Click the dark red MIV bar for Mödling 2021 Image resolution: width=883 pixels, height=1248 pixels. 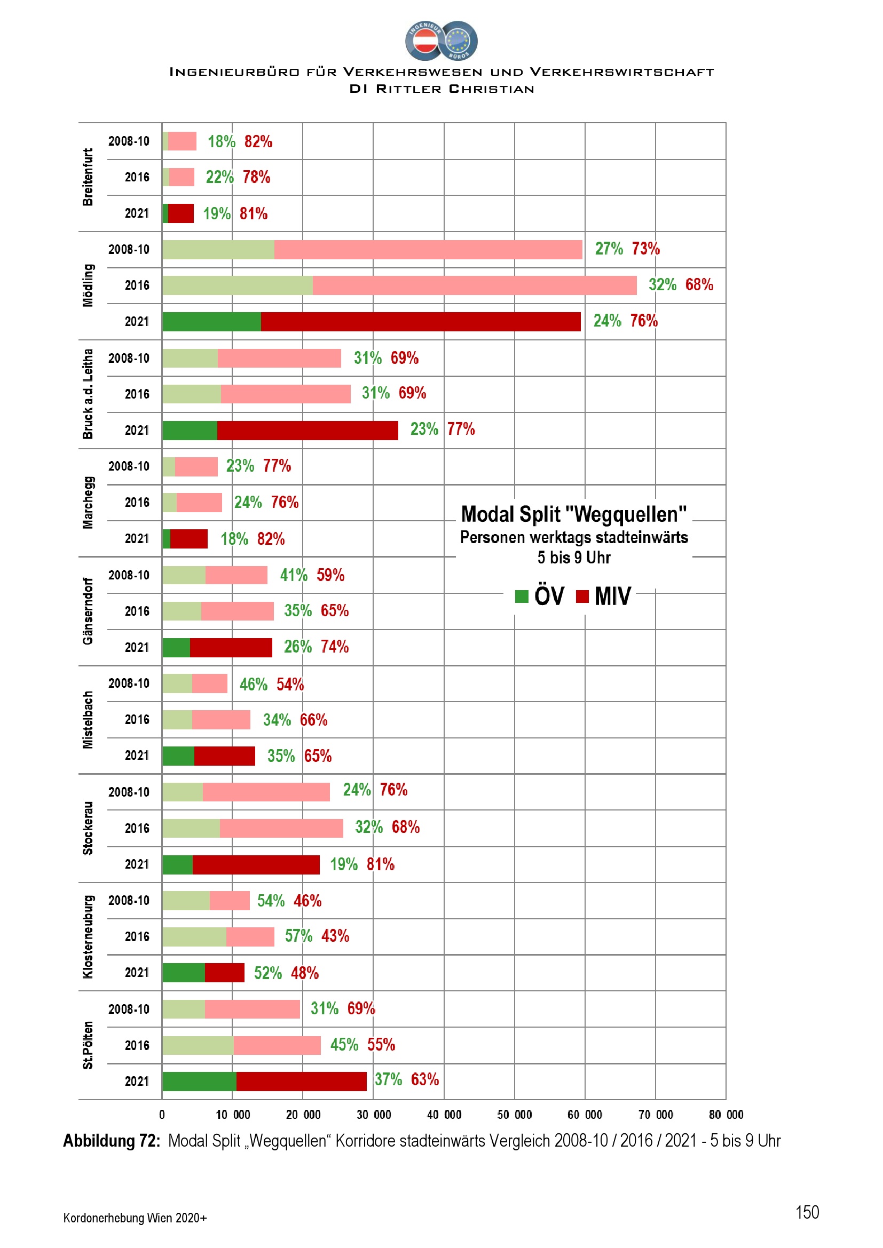coord(420,322)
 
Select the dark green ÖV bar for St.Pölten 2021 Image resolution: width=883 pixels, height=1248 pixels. coord(199,1081)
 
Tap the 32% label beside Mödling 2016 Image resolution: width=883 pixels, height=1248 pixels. coord(662,285)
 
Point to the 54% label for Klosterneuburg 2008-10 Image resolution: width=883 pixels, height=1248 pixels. coord(271,901)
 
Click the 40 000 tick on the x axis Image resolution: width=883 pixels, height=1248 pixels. coord(444,1115)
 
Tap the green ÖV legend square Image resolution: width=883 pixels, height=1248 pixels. coord(522,597)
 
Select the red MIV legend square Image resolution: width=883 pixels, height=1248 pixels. coord(582,597)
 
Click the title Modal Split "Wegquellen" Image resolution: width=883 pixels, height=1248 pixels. coord(573,514)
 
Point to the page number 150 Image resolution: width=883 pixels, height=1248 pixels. coord(807,1212)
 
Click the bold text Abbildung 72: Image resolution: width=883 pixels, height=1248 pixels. coord(112,1140)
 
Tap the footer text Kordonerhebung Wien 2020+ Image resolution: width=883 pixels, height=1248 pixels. coord(135,1218)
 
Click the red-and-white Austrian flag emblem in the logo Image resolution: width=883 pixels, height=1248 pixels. coord(425,41)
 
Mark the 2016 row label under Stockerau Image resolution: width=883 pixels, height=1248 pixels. coord(137,829)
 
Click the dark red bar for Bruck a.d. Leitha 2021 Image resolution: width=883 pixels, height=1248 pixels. coord(307,431)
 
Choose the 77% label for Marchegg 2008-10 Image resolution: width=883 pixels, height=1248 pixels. coord(277,466)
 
